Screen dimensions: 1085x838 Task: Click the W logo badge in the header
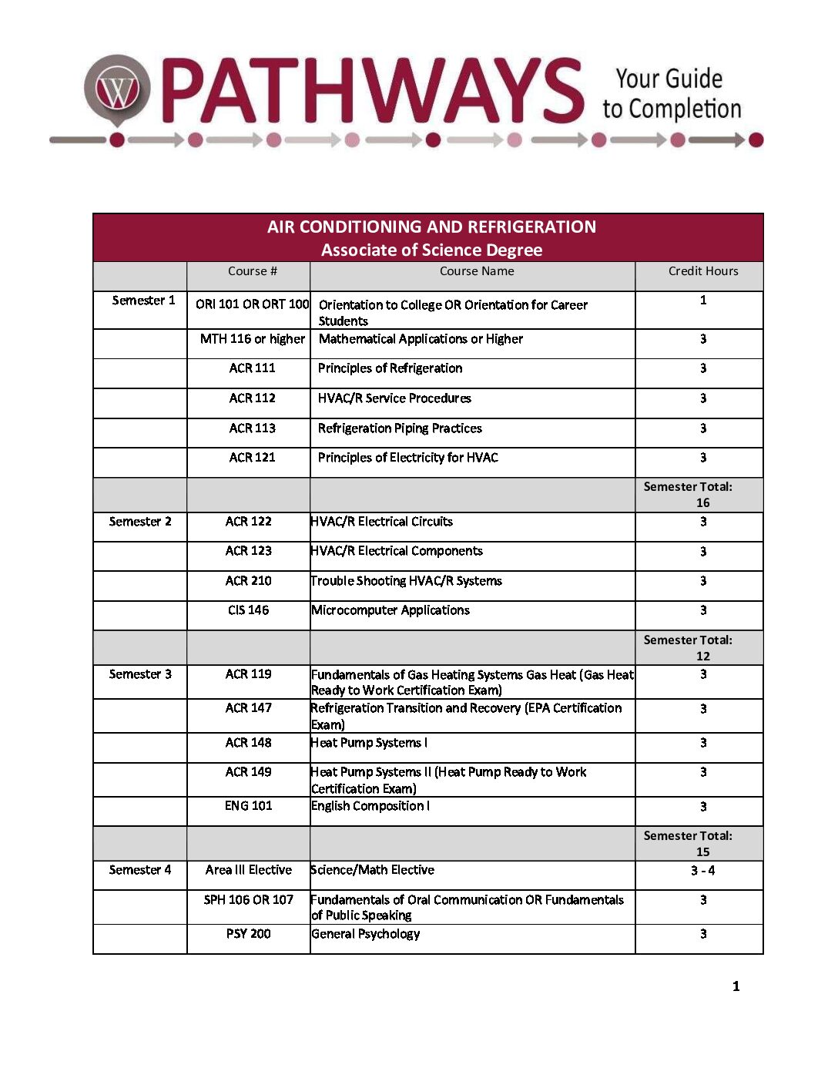pyautogui.click(x=117, y=90)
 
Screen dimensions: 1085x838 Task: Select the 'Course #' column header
pyautogui.click(x=252, y=271)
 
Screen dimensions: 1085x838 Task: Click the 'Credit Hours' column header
pyautogui.click(x=702, y=271)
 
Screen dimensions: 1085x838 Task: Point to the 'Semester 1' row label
pyautogui.click(x=143, y=301)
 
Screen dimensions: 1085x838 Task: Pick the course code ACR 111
pyautogui.click(x=252, y=368)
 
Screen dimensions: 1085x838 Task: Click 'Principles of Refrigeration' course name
pyautogui.click(x=390, y=368)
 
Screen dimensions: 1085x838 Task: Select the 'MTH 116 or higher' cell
pyautogui.click(x=252, y=339)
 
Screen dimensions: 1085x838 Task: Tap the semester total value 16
pyautogui.click(x=702, y=502)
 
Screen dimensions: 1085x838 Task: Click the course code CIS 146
pyautogui.click(x=248, y=610)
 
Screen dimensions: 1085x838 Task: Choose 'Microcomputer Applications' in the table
pyautogui.click(x=391, y=610)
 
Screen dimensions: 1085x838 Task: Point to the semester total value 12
pyautogui.click(x=702, y=657)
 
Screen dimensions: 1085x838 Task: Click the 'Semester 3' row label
pyautogui.click(x=140, y=674)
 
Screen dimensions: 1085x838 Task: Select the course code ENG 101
pyautogui.click(x=248, y=806)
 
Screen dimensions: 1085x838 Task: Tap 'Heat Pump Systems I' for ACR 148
pyautogui.click(x=369, y=743)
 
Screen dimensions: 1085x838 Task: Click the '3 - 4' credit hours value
pyautogui.click(x=702, y=871)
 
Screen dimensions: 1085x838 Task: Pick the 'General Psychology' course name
pyautogui.click(x=366, y=934)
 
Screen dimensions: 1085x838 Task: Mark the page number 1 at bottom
pyautogui.click(x=736, y=986)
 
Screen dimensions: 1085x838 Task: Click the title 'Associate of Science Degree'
pyautogui.click(x=431, y=250)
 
